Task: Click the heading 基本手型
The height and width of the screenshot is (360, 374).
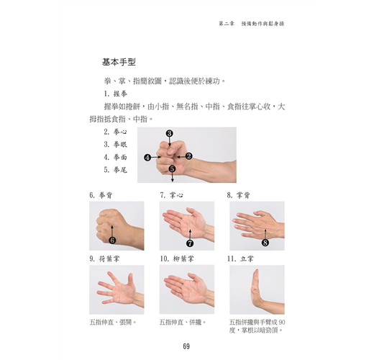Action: (x=119, y=62)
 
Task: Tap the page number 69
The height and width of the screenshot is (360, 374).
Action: (x=186, y=346)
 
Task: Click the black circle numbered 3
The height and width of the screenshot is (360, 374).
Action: (x=170, y=133)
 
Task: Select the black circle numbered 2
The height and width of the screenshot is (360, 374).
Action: (x=189, y=156)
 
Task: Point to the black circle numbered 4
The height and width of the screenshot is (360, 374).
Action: (x=147, y=158)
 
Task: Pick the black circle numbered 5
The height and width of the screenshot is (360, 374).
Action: (x=172, y=169)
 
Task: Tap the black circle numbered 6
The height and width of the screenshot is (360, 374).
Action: (x=112, y=240)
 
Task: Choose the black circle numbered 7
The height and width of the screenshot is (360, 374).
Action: (x=190, y=243)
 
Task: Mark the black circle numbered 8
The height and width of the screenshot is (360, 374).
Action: (x=265, y=243)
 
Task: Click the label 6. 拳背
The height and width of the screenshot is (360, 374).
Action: (x=101, y=195)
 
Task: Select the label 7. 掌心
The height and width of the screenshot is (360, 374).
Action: (x=171, y=195)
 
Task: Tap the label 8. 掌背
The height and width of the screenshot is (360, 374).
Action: (x=238, y=195)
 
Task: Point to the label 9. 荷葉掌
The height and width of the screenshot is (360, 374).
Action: (x=104, y=258)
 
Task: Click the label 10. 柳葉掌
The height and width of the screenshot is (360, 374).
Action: (x=177, y=258)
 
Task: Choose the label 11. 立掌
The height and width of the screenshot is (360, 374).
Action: (x=240, y=258)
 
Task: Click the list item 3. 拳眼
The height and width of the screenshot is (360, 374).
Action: (x=115, y=145)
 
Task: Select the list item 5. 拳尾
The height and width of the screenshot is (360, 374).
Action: (x=115, y=170)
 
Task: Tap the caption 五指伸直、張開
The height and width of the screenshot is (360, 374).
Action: (x=113, y=322)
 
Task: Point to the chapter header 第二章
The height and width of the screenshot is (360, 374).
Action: (x=227, y=24)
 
